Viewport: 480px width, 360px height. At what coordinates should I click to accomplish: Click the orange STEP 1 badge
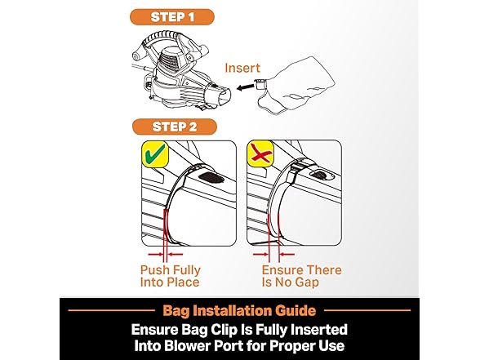[x=172, y=17]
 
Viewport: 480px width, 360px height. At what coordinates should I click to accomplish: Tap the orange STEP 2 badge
[x=175, y=127]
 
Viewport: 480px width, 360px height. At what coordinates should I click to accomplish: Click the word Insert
[x=242, y=68]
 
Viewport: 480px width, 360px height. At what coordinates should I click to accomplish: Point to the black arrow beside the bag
[x=246, y=88]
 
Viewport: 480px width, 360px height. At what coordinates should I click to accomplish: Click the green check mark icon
[x=155, y=154]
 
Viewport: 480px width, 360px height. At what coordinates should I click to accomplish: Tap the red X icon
[x=260, y=154]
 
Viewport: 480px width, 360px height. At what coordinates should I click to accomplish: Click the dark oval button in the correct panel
[x=210, y=177]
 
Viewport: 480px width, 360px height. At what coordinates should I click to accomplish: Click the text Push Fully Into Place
[x=170, y=276]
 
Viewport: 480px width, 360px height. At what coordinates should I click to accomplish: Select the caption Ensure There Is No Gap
[x=301, y=276]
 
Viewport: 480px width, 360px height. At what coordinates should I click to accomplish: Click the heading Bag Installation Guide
[x=239, y=310]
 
